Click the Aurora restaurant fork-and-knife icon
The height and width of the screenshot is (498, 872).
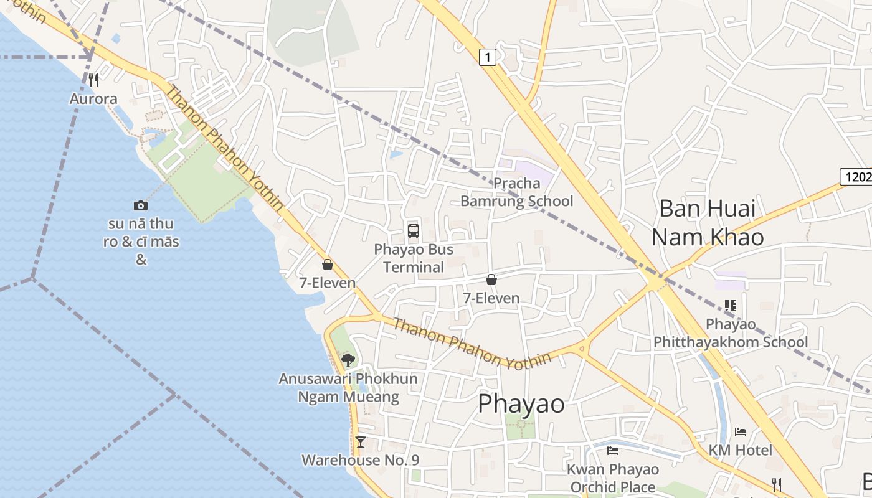pyautogui.click(x=93, y=80)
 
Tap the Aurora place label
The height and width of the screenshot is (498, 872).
pyautogui.click(x=93, y=99)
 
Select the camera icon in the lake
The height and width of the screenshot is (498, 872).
pyautogui.click(x=141, y=205)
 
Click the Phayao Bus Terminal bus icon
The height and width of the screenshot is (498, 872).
pyautogui.click(x=414, y=231)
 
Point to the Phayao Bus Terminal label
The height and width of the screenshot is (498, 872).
pyautogui.click(x=414, y=258)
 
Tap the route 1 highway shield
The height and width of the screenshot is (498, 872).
pyautogui.click(x=488, y=57)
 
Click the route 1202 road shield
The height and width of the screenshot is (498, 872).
pyautogui.click(x=857, y=177)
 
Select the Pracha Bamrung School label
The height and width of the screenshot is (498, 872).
pyautogui.click(x=516, y=192)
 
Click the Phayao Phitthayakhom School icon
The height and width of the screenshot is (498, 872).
pyautogui.click(x=731, y=306)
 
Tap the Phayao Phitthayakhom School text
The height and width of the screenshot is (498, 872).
pyautogui.click(x=731, y=333)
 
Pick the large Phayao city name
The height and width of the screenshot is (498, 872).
pyautogui.click(x=521, y=404)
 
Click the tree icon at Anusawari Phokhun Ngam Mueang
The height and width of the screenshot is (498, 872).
pyautogui.click(x=348, y=359)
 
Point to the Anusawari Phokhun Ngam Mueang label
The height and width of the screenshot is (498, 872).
pyautogui.click(x=348, y=387)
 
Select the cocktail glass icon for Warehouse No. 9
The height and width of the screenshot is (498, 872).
pyautogui.click(x=360, y=442)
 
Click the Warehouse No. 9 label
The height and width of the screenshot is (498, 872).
pyautogui.click(x=360, y=460)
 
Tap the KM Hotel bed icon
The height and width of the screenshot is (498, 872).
pyautogui.click(x=741, y=431)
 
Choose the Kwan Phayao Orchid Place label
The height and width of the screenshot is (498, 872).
pyautogui.click(x=613, y=478)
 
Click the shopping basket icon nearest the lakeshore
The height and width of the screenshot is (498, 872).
pyautogui.click(x=328, y=265)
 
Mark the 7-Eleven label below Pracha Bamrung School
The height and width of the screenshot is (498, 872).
pyautogui.click(x=491, y=298)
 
